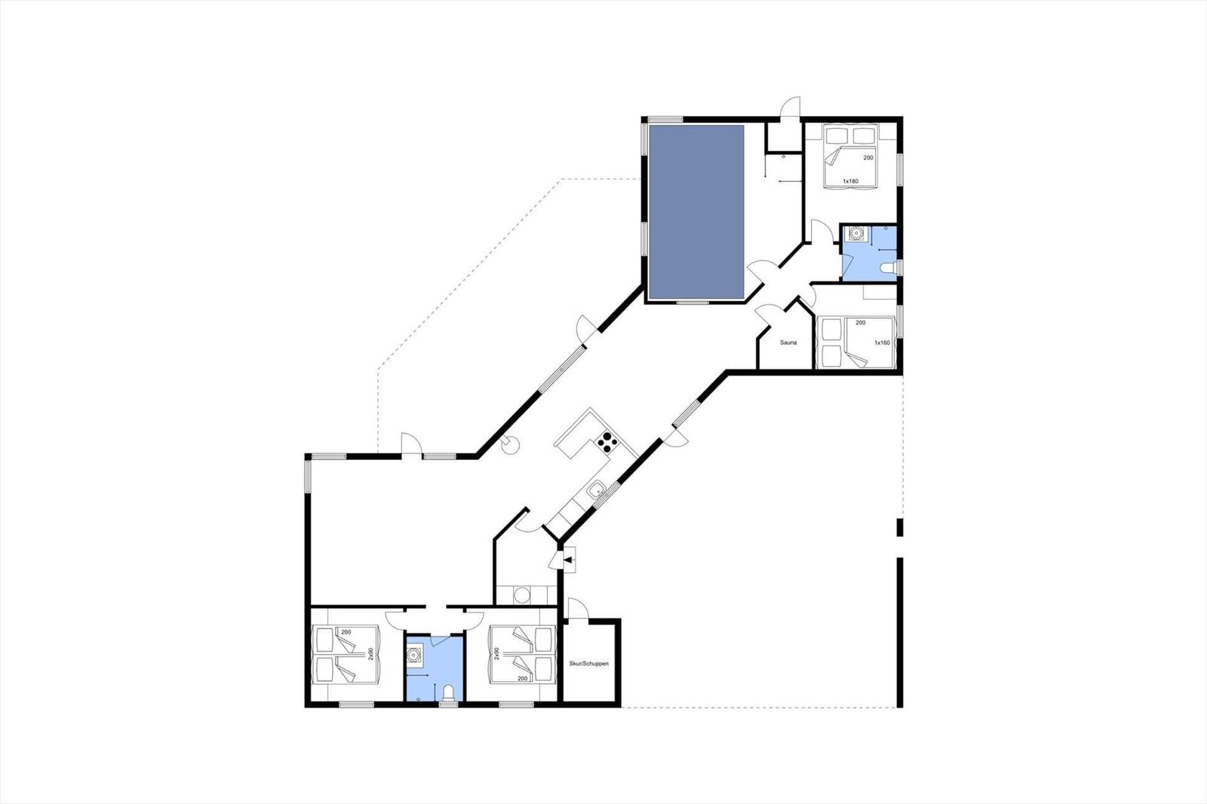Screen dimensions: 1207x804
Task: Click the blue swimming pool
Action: pos(696,212)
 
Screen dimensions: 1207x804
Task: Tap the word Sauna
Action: pos(788,342)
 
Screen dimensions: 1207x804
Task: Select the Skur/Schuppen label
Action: pos(589,664)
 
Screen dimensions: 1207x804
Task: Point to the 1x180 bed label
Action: pos(850,181)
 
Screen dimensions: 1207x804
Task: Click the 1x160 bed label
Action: pos(882,342)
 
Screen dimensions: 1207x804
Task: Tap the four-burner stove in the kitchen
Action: pos(607,443)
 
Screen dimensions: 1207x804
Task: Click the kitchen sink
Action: pos(596,490)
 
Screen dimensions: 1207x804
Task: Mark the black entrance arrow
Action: pos(567,560)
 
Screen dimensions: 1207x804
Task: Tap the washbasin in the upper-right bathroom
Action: pos(855,233)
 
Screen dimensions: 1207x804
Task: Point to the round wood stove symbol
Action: pos(509,444)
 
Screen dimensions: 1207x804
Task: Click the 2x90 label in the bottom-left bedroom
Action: pos(370,654)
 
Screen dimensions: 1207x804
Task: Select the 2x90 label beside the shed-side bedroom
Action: pos(497,654)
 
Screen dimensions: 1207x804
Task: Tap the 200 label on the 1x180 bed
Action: pos(868,158)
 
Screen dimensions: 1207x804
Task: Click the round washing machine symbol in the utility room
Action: pos(521,595)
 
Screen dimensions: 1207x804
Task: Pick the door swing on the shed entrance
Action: pos(579,608)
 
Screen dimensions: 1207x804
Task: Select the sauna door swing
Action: pos(765,315)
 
